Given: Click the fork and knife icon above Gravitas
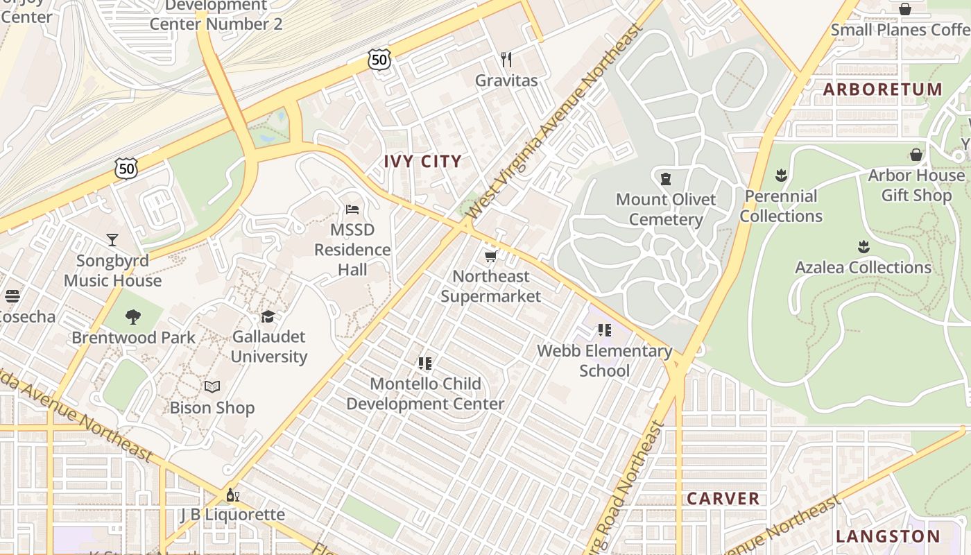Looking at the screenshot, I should pyautogui.click(x=506, y=60).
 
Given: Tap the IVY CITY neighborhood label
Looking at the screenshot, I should pyautogui.click(x=422, y=162).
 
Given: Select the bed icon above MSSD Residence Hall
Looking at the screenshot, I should pyautogui.click(x=352, y=210).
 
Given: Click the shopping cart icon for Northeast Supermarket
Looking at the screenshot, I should pyautogui.click(x=490, y=257).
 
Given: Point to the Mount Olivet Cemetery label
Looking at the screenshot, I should pyautogui.click(x=666, y=210).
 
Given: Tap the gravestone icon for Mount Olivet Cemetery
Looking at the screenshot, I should pyautogui.click(x=666, y=179).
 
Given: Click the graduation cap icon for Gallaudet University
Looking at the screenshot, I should pyautogui.click(x=268, y=317).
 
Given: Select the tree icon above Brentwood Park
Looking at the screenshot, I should pyautogui.click(x=133, y=318).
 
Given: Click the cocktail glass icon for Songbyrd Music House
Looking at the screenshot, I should pyautogui.click(x=112, y=240).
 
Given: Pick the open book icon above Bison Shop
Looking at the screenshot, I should pyautogui.click(x=212, y=386).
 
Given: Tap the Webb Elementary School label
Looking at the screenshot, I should pyautogui.click(x=605, y=361).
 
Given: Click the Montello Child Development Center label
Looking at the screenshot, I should pyautogui.click(x=425, y=394).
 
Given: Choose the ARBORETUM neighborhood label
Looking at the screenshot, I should pyautogui.click(x=883, y=89).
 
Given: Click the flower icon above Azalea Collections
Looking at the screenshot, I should pyautogui.click(x=863, y=247).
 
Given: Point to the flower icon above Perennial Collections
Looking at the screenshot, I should pyautogui.click(x=782, y=175).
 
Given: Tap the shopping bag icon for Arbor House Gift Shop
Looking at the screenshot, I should pyautogui.click(x=916, y=155).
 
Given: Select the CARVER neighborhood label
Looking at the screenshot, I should pyautogui.click(x=723, y=499).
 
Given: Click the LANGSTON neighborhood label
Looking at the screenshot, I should pyautogui.click(x=888, y=536).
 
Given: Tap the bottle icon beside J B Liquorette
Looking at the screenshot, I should pyautogui.click(x=232, y=495).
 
